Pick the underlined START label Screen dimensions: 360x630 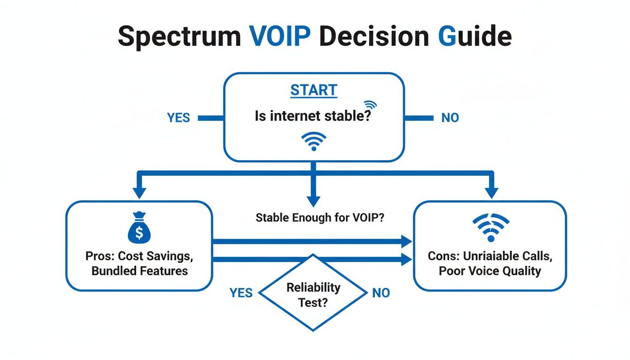click(314, 90)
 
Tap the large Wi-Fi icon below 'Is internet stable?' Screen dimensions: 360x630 click(313, 141)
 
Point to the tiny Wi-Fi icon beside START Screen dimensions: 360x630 click(370, 105)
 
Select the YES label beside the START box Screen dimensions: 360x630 click(179, 118)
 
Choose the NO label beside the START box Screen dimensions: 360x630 click(450, 118)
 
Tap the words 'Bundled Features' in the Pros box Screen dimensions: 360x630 click(140, 270)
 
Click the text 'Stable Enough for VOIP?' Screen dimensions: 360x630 click(320, 218)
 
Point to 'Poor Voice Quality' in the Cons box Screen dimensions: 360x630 click(490, 270)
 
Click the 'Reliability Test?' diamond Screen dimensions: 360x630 click(313, 294)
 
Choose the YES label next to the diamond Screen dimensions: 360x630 click(241, 293)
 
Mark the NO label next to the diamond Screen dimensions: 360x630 click(381, 293)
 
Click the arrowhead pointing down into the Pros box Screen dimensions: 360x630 click(139, 193)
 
